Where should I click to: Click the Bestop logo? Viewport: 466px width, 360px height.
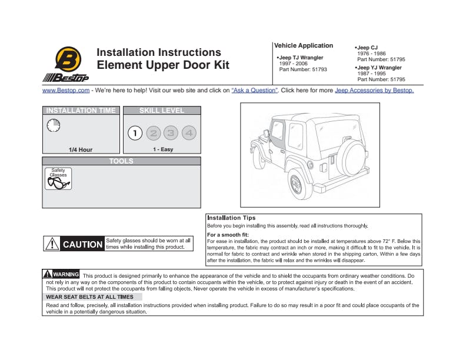(x=65, y=63)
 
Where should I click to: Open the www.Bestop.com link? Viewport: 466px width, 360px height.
(x=66, y=91)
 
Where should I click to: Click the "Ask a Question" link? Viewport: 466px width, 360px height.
(x=254, y=91)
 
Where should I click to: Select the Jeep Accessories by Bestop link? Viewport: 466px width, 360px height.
(x=374, y=91)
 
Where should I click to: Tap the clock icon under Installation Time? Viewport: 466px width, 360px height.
(x=53, y=125)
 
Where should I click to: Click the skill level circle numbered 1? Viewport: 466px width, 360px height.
(x=135, y=133)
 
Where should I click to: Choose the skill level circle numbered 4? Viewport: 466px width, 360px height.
(x=189, y=133)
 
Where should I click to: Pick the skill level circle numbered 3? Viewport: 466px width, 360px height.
(x=171, y=133)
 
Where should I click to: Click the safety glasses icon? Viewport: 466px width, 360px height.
(x=58, y=179)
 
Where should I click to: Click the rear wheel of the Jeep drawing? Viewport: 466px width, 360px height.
(x=297, y=184)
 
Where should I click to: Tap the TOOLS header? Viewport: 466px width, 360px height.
(x=121, y=161)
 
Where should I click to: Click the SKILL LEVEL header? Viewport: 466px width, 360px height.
(x=162, y=111)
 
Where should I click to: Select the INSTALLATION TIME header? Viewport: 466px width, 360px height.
(x=80, y=111)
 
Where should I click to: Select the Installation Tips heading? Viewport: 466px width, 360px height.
(x=231, y=218)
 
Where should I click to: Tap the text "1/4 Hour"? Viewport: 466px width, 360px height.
(x=81, y=149)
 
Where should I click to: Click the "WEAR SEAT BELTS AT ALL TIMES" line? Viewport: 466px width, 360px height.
(x=94, y=297)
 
